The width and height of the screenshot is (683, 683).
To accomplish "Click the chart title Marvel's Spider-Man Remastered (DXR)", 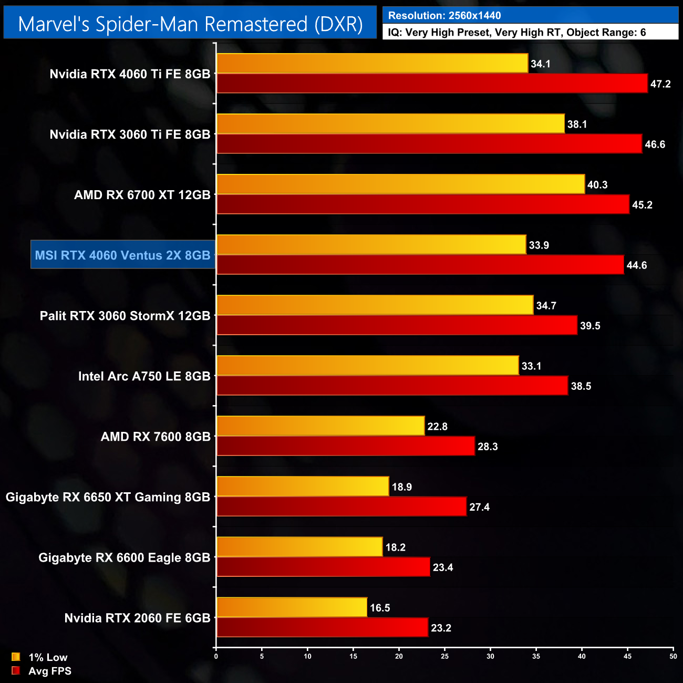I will [190, 24].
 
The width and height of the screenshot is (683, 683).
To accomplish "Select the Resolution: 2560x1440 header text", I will [444, 15].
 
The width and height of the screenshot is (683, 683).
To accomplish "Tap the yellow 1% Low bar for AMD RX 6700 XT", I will [400, 184].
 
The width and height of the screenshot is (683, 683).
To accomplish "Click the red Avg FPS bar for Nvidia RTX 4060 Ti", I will [432, 84].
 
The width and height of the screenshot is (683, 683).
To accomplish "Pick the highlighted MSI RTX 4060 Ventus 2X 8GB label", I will [123, 255].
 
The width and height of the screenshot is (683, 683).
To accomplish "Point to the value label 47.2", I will [660, 84].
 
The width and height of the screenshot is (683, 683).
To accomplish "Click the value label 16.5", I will [380, 608].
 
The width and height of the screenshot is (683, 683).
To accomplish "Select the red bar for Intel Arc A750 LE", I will [392, 386].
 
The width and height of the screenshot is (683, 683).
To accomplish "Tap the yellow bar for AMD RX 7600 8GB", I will [320, 426].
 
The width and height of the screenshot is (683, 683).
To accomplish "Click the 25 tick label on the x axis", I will [444, 656].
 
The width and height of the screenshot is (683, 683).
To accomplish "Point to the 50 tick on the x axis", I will [673, 656].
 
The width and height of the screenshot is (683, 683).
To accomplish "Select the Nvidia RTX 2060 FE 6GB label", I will [137, 618].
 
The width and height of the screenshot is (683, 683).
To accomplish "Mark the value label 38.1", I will [577, 125].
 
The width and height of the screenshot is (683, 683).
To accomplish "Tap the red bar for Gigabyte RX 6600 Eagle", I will [323, 567].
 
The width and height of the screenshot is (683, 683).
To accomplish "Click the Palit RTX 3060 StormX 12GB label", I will [125, 316].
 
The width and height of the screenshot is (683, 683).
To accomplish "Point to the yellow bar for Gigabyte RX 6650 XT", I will [303, 487].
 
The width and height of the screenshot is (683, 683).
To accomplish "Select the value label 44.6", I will [636, 265].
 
